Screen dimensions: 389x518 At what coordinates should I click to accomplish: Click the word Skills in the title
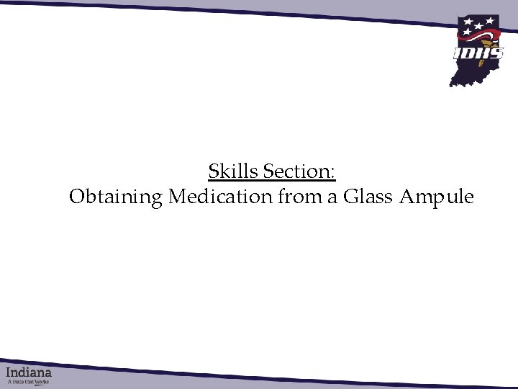(233, 172)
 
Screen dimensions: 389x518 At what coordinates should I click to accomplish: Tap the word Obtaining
(116, 197)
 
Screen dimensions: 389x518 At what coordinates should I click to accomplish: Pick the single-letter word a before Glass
(332, 197)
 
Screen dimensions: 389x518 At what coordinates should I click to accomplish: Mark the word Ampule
(437, 197)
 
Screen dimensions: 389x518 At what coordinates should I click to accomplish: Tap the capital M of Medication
(176, 197)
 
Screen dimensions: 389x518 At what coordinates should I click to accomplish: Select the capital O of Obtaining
(76, 197)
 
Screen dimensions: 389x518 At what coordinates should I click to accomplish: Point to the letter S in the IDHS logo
(496, 53)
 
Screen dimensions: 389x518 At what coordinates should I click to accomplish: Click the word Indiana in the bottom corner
(29, 373)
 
